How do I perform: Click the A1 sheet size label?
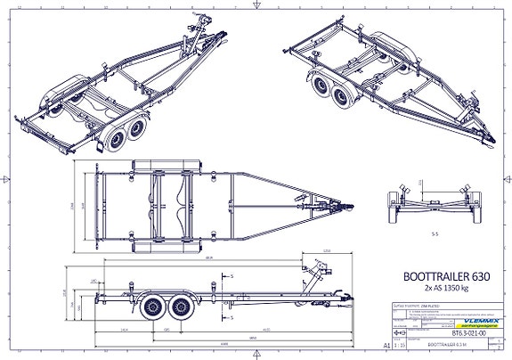pos(385,343)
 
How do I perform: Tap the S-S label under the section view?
pos(435,236)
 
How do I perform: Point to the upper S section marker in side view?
pos(231,277)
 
